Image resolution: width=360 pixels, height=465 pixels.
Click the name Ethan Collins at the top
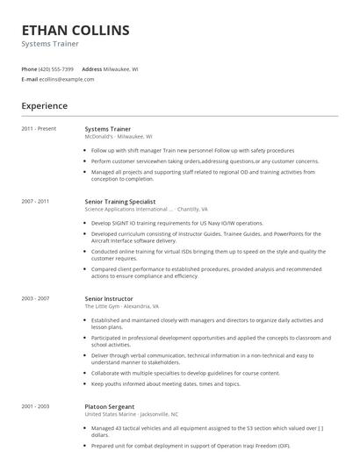pos(76,31)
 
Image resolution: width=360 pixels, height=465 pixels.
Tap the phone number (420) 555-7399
pos(56,68)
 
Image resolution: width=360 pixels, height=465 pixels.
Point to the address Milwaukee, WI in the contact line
pos(122,68)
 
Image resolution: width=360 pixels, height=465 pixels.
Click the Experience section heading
pos(44,106)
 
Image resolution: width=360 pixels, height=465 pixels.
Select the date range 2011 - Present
pos(39,129)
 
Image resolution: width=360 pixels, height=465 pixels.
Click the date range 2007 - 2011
pos(35,202)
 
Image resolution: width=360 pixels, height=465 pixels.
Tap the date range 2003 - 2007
pos(35,298)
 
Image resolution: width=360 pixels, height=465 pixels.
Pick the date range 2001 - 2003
pos(35,406)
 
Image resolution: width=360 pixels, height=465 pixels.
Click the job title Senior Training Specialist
pos(119,202)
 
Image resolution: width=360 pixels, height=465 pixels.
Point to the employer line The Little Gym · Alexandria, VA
pos(121,306)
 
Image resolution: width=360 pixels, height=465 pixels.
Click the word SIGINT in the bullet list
pos(118,223)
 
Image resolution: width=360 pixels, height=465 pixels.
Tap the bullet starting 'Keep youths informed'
pos(166,383)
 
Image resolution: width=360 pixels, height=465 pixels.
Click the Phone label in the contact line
pos(29,68)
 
